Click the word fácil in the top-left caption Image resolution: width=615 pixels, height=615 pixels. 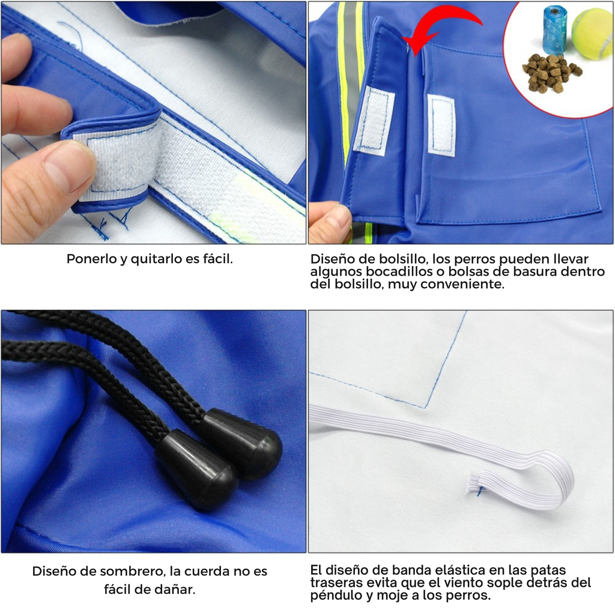[217, 259]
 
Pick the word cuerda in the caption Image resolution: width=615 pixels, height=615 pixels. [208, 571]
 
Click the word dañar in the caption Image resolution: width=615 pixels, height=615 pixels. [175, 589]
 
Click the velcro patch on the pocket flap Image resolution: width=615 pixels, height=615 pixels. [374, 120]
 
